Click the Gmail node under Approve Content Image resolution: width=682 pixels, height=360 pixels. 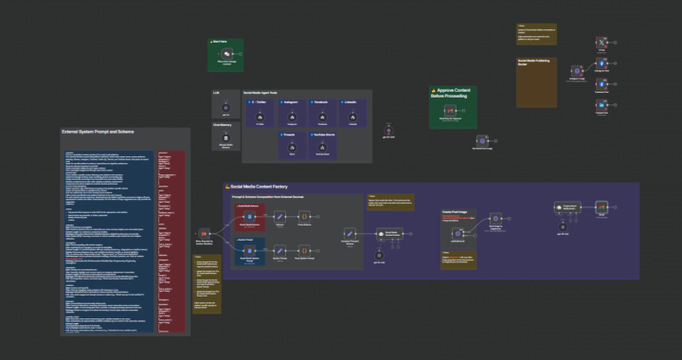click(x=451, y=111)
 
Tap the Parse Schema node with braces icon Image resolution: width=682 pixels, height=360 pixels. click(x=279, y=218)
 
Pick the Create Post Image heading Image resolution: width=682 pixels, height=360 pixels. click(x=458, y=212)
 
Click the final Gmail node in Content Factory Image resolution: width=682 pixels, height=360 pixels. click(x=601, y=207)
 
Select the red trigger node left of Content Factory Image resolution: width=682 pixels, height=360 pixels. click(x=203, y=232)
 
